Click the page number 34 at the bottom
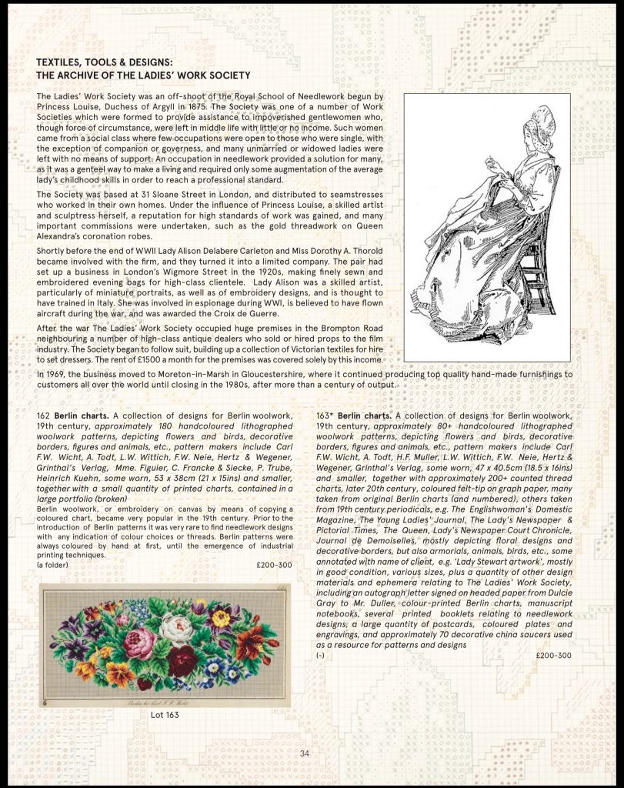click(x=304, y=753)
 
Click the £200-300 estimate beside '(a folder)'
click(x=274, y=564)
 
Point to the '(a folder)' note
click(x=52, y=564)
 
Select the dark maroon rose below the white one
click(x=184, y=660)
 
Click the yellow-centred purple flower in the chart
click(x=222, y=617)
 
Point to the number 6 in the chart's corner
click(x=46, y=701)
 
